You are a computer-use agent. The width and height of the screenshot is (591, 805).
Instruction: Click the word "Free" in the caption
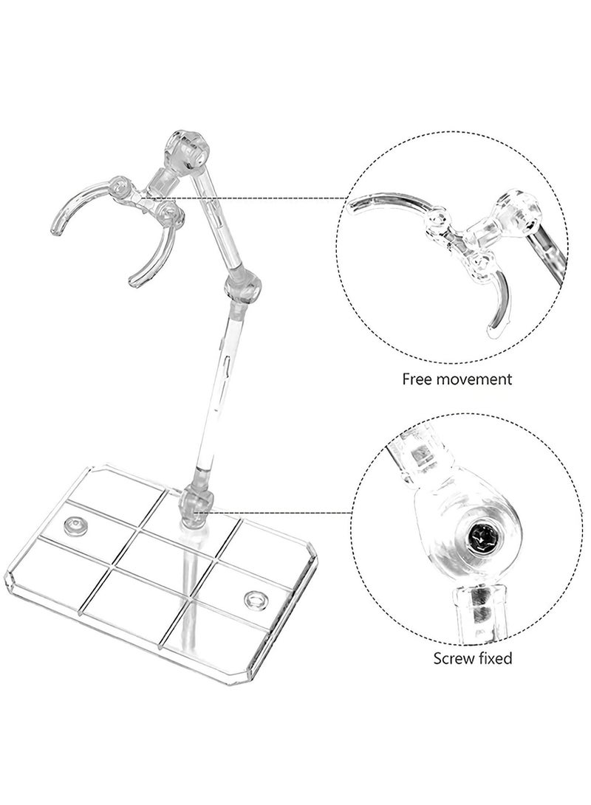417,379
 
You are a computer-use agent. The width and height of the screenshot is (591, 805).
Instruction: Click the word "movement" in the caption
474,380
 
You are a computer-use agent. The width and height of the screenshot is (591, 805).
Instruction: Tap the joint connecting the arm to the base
197,505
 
